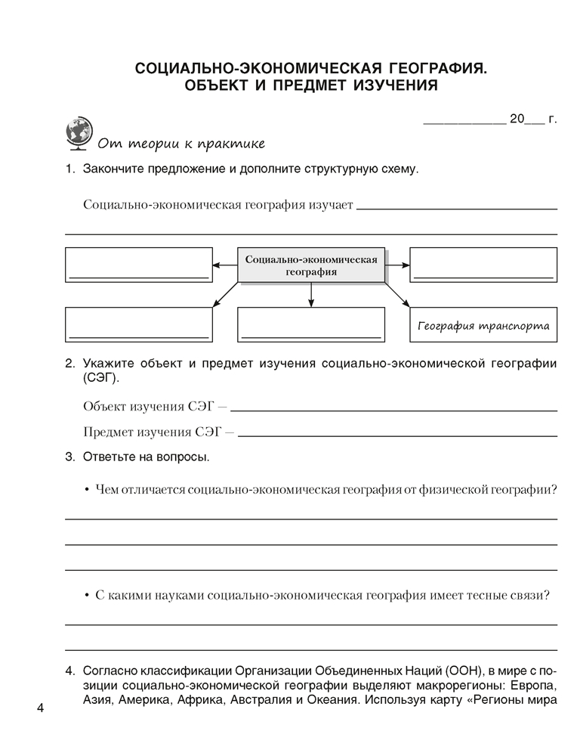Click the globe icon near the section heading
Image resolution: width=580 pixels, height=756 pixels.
[79, 132]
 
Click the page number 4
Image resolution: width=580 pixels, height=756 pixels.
[40, 708]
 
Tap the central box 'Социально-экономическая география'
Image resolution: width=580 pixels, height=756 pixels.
[311, 265]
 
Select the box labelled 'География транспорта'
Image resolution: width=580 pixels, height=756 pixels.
[483, 327]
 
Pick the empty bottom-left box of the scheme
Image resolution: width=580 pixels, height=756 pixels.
[137, 327]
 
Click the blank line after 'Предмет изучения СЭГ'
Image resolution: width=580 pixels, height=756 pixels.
[397, 434]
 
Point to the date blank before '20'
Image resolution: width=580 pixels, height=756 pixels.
[464, 120]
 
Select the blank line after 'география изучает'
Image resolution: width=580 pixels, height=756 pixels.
[456, 206]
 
